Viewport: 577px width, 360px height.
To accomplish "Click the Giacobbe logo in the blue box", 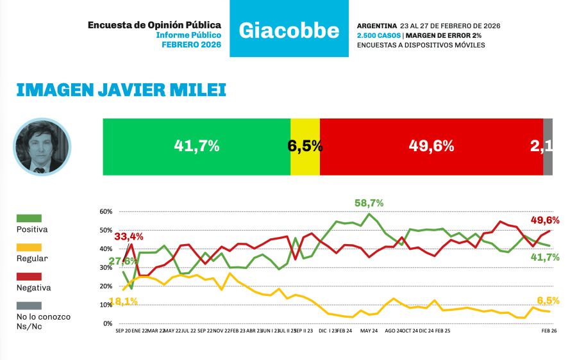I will (x=288, y=29).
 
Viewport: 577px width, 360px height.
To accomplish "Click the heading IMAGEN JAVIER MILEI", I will (x=121, y=90).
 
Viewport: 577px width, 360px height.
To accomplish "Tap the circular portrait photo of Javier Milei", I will (x=42, y=147).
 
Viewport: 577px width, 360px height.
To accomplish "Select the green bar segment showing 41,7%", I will (x=196, y=146).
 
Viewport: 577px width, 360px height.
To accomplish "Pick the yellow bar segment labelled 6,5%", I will (x=305, y=146).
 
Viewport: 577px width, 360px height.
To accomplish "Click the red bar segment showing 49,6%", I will (x=431, y=146).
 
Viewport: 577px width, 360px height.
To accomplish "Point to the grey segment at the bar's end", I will (x=548, y=146).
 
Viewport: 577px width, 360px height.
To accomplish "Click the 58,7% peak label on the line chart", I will (x=369, y=203).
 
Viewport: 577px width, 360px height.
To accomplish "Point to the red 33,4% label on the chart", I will (x=129, y=236).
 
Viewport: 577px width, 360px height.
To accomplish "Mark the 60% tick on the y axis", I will (x=106, y=211).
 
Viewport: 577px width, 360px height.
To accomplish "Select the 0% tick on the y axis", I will (x=107, y=323).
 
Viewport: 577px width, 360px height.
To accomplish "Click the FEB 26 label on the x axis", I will (x=549, y=331).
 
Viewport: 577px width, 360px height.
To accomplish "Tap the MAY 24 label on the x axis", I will (x=369, y=331).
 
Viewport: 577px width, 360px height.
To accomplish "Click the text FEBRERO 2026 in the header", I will (x=191, y=45).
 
